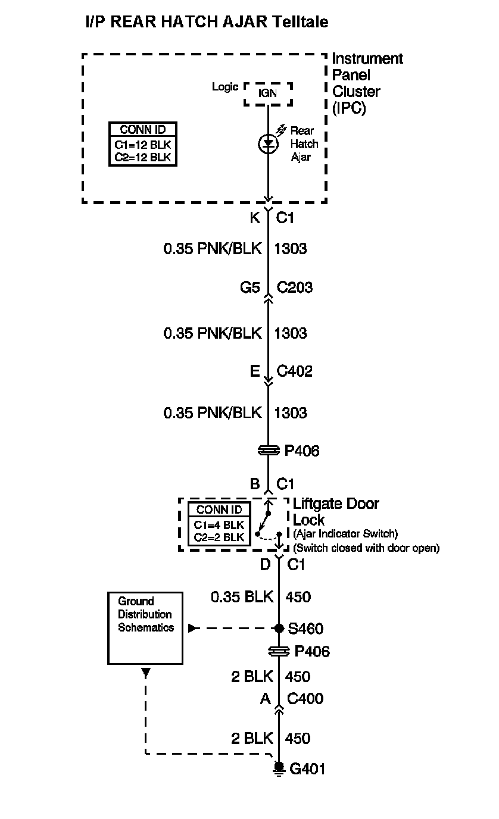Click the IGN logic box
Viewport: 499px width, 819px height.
pyautogui.click(x=268, y=94)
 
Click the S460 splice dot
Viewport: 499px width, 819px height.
pyautogui.click(x=279, y=628)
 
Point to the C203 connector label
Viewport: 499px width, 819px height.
pyautogui.click(x=295, y=288)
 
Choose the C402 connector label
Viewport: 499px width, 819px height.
pyautogui.click(x=295, y=372)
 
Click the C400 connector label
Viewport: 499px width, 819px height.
pyautogui.click(x=305, y=698)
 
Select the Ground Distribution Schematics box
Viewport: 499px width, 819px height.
pyautogui.click(x=145, y=628)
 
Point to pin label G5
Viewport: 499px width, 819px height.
pyautogui.click(x=250, y=288)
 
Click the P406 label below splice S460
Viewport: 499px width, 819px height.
pyautogui.click(x=312, y=652)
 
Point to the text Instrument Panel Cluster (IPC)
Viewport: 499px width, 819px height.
pyautogui.click(x=366, y=83)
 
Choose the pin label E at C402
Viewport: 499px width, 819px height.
pyautogui.click(x=254, y=372)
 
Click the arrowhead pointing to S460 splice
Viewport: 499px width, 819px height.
pyautogui.click(x=192, y=628)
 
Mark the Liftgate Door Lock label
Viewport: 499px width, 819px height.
pyautogui.click(x=335, y=511)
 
